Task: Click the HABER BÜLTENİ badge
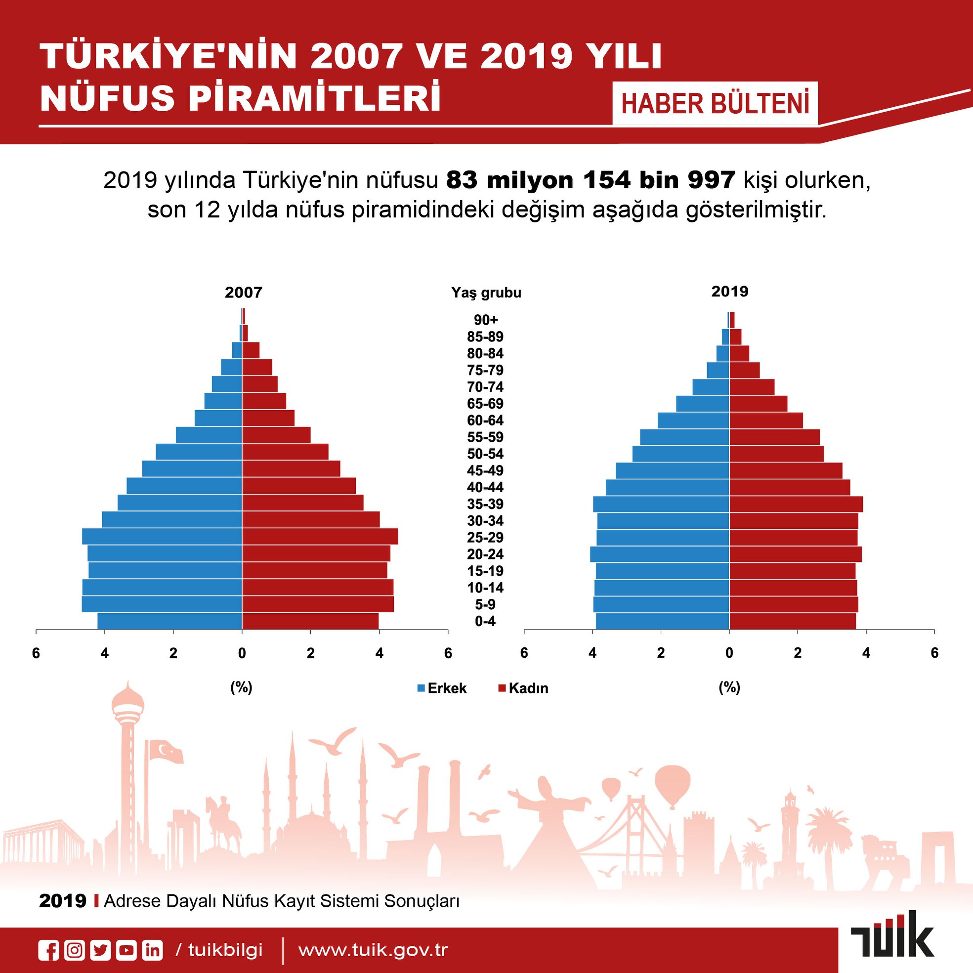(x=715, y=104)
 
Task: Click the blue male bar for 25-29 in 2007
(x=162, y=536)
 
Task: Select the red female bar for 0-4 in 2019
(x=793, y=621)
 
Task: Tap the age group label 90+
(x=485, y=320)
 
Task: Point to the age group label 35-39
(x=485, y=504)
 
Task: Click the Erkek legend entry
(x=442, y=688)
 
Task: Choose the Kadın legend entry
(x=523, y=688)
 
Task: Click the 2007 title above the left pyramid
(x=243, y=293)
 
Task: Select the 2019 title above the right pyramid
(x=730, y=292)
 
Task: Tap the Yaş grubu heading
(x=486, y=293)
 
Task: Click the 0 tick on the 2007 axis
(x=242, y=654)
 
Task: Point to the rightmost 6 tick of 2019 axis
(x=935, y=653)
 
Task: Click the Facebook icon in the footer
(x=49, y=950)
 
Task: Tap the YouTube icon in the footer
(x=127, y=950)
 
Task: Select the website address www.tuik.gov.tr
(x=373, y=950)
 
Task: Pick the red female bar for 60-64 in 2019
(x=766, y=421)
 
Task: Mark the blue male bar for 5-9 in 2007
(x=162, y=604)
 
